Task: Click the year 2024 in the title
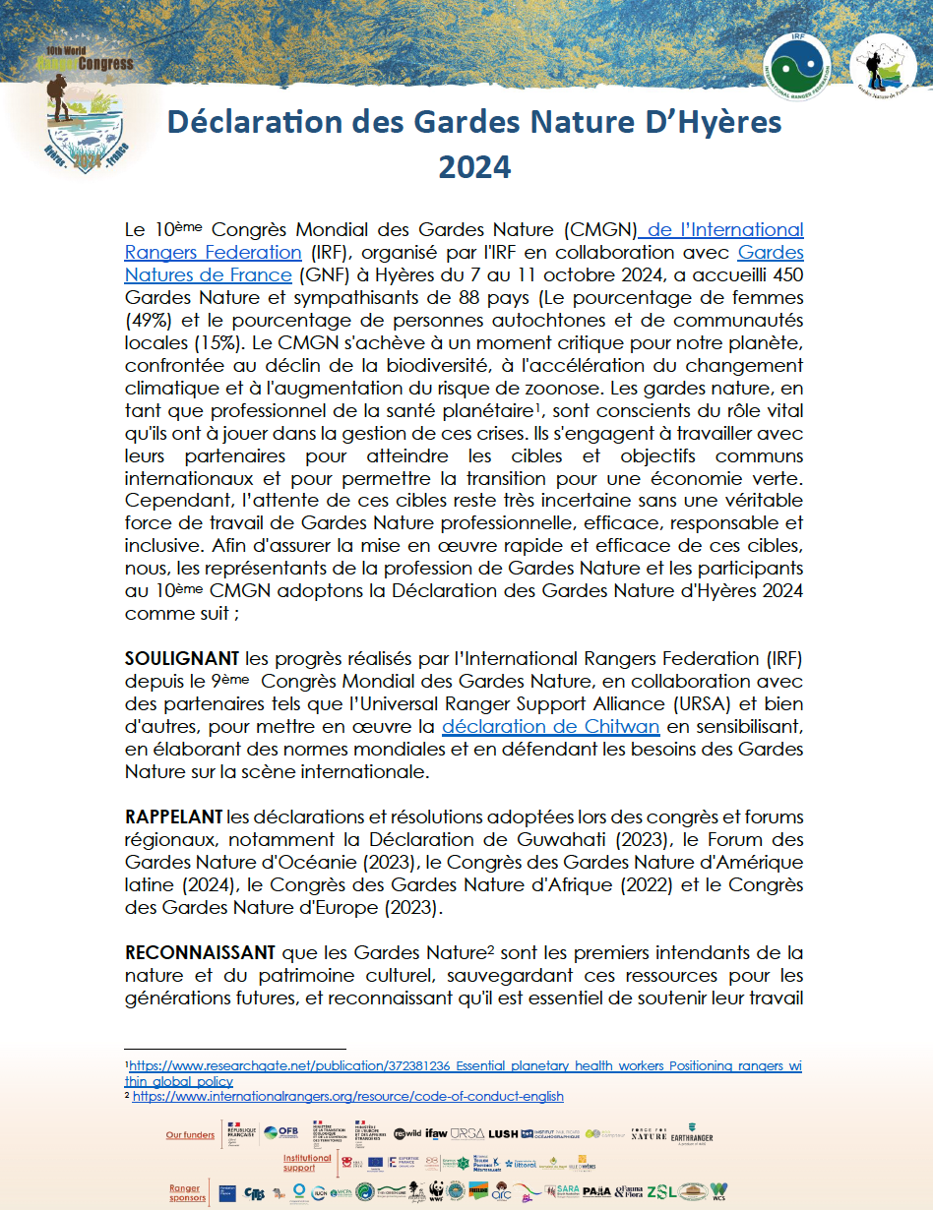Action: pyautogui.click(x=474, y=166)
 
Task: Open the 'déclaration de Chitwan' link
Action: pyautogui.click(x=550, y=727)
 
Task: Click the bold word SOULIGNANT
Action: pyautogui.click(x=182, y=657)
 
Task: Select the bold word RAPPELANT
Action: pyautogui.click(x=173, y=817)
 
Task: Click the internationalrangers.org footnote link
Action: pyautogui.click(x=347, y=1096)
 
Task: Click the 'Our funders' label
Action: pyautogui.click(x=190, y=1134)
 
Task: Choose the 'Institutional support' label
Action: pyautogui.click(x=306, y=1163)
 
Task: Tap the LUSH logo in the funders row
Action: pyautogui.click(x=503, y=1133)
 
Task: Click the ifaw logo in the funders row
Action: pyautogui.click(x=436, y=1133)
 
